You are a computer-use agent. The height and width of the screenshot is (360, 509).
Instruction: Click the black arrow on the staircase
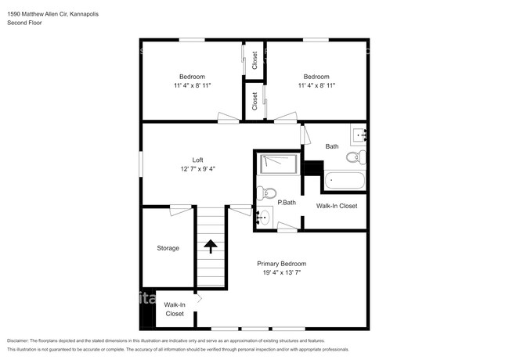tap(211, 246)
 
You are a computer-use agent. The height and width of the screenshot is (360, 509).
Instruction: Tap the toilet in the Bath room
tap(355, 157)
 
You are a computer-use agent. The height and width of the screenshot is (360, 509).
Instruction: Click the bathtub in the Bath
tap(344, 181)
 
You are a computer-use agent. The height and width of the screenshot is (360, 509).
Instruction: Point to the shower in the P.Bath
tap(278, 164)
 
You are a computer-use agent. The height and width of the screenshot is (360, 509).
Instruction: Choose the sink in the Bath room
tap(359, 135)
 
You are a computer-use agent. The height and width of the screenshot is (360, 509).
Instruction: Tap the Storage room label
tap(168, 248)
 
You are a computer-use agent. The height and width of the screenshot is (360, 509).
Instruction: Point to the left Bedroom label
tap(192, 76)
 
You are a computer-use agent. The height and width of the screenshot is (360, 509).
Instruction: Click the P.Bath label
tap(286, 203)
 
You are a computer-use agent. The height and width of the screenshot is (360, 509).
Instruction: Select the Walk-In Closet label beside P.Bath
tap(336, 206)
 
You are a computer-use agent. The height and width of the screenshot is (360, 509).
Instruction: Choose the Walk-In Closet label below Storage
tap(174, 309)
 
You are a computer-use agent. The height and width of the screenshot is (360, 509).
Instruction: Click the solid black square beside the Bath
tap(313, 168)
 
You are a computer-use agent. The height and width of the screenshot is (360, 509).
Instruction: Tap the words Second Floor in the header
tap(25, 23)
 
